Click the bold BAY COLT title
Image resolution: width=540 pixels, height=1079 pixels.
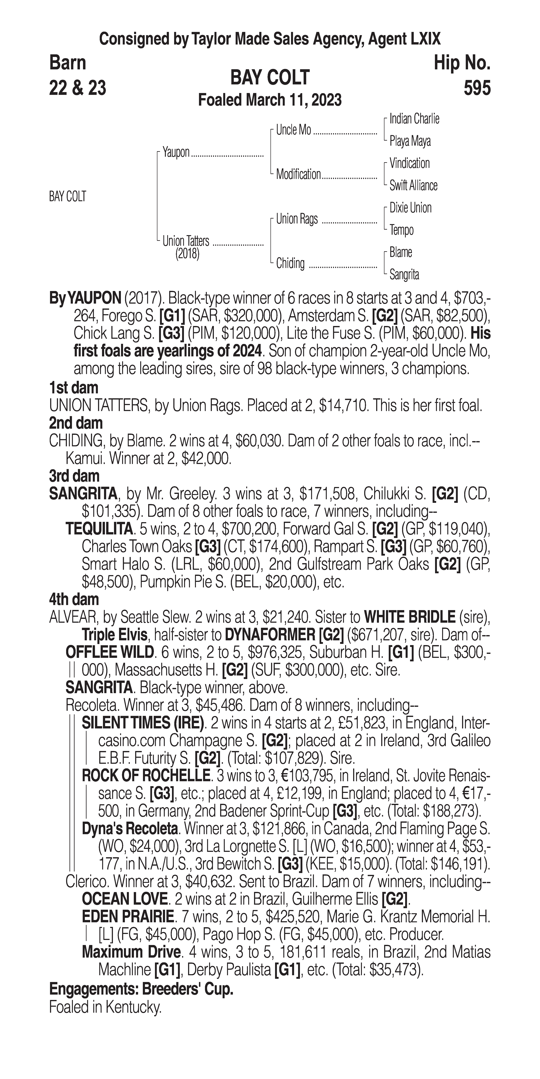270,78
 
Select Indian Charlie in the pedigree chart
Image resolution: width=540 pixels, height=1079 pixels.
414,119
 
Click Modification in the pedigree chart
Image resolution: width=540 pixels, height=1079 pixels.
298,174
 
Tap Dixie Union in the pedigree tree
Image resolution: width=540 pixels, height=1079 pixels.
410,208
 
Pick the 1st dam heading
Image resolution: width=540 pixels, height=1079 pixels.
74,388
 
